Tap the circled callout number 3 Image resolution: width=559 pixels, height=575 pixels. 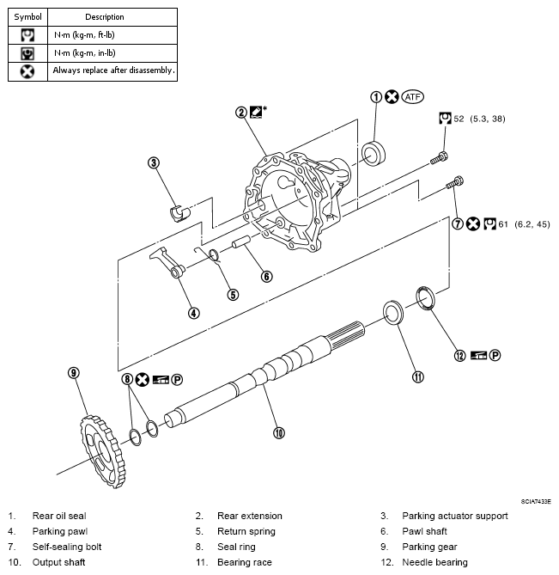(x=154, y=162)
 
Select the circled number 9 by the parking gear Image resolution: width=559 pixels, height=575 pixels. (x=74, y=372)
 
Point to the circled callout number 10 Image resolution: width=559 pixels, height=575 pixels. (x=278, y=433)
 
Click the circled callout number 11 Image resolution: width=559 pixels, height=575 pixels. (x=418, y=376)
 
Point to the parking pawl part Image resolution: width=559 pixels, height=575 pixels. (x=167, y=262)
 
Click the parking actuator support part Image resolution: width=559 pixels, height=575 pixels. (x=180, y=211)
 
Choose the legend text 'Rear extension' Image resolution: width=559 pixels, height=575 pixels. (x=249, y=516)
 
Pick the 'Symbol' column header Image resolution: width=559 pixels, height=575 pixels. (x=27, y=16)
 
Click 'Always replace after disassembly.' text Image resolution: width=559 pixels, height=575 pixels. (x=113, y=70)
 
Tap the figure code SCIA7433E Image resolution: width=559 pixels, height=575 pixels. (x=535, y=500)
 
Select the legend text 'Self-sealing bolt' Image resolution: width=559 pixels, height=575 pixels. (x=67, y=547)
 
